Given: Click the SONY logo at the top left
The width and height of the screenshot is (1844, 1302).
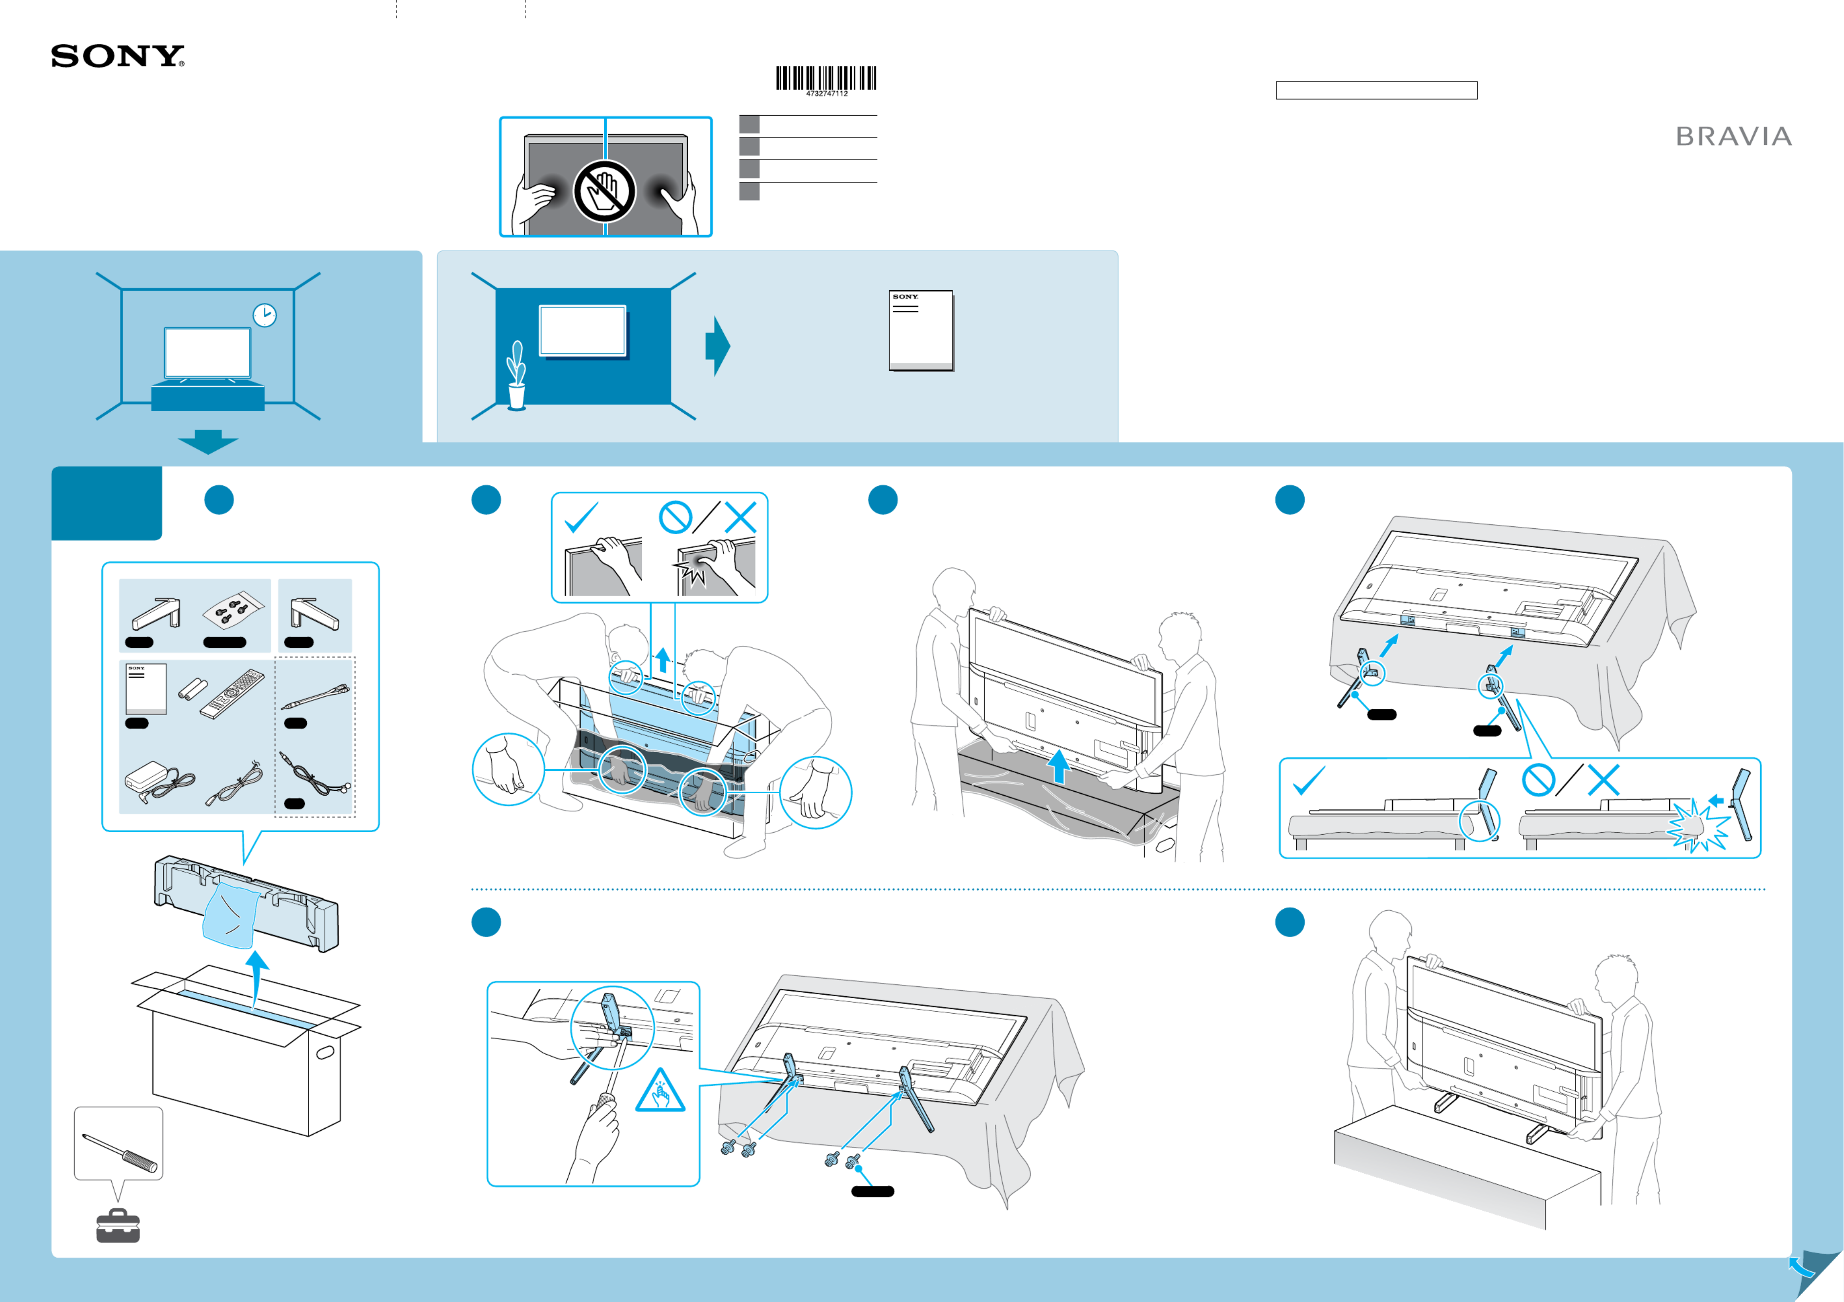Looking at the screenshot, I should [x=117, y=56].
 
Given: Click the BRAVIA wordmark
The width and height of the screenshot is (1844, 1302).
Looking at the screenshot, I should [x=1733, y=137].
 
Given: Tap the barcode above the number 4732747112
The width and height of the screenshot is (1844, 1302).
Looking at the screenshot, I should [x=826, y=78].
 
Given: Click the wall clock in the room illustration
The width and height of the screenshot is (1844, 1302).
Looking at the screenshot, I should [x=264, y=315].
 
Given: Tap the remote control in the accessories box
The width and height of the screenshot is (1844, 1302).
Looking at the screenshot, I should [x=232, y=692].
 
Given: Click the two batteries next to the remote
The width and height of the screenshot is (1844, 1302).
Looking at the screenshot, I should [x=192, y=688].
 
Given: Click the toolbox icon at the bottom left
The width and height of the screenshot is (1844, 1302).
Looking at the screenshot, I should [x=118, y=1226].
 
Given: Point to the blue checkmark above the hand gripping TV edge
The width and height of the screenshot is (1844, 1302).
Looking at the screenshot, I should [x=581, y=517].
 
